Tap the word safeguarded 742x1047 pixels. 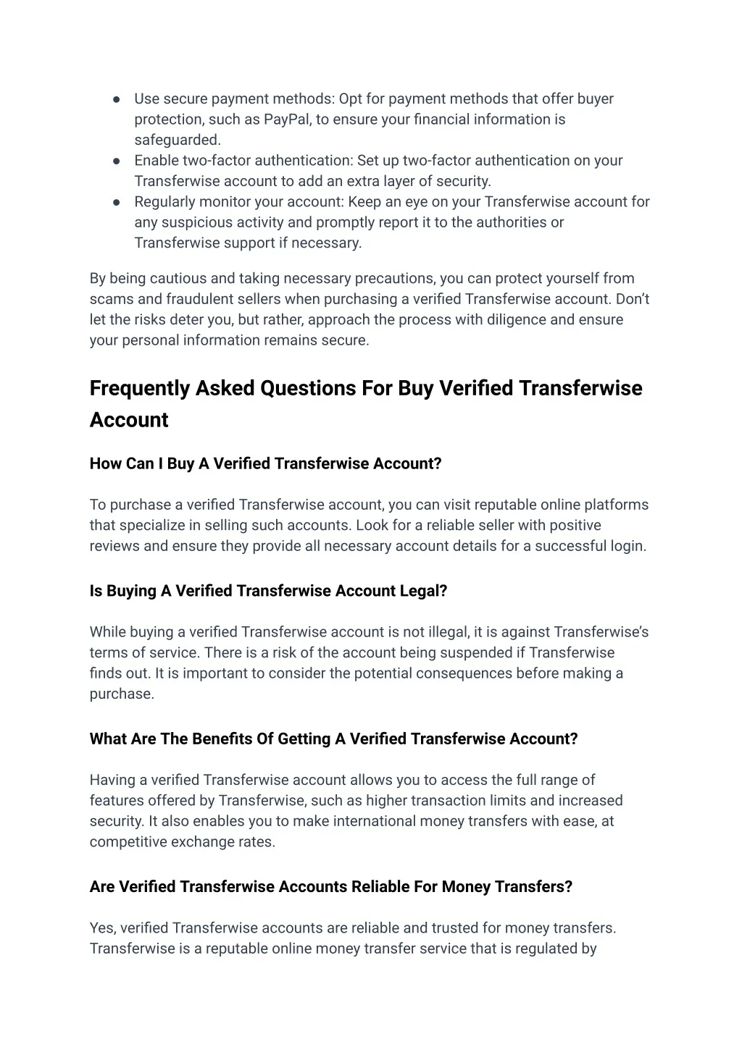click(x=177, y=140)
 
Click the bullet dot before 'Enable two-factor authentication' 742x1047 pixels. click(x=117, y=161)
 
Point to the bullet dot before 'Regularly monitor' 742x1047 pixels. click(x=117, y=202)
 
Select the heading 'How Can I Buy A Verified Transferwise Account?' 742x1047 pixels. click(x=265, y=463)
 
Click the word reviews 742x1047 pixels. click(x=114, y=546)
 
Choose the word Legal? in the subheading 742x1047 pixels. click(x=423, y=591)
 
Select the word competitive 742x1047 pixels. click(x=126, y=842)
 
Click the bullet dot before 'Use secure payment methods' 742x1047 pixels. click(x=117, y=99)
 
